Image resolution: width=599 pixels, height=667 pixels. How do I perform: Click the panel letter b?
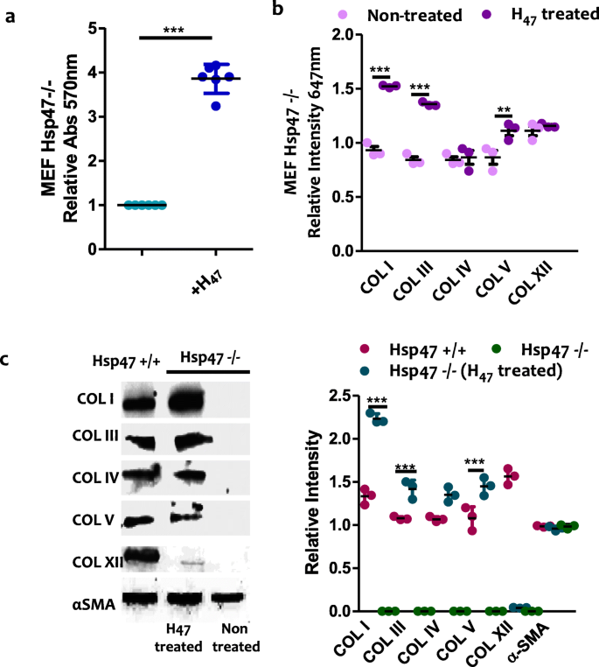click(277, 10)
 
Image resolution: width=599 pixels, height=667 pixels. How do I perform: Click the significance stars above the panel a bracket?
click(175, 28)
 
